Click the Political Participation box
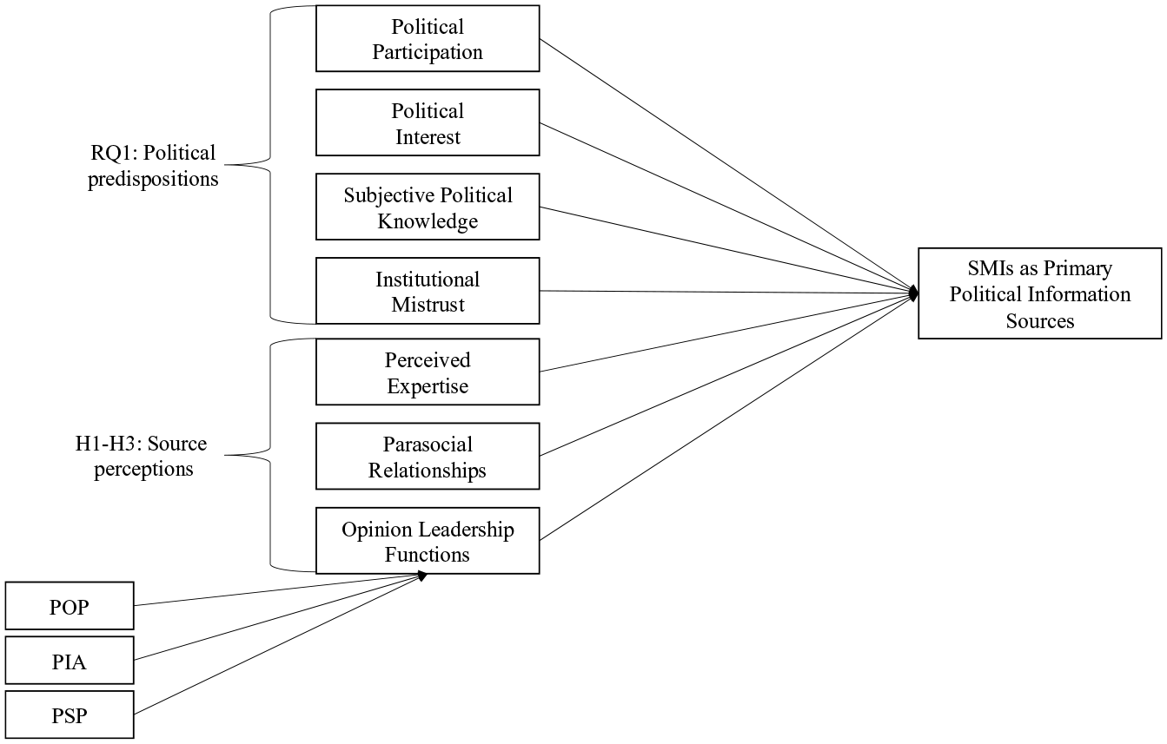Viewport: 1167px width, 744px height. pyautogui.click(x=428, y=38)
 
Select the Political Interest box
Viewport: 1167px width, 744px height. pyautogui.click(x=428, y=123)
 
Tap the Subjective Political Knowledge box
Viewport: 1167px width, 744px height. pyautogui.click(x=428, y=207)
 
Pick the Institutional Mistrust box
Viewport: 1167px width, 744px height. pyautogui.click(x=428, y=291)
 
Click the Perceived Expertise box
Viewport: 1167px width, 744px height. pyautogui.click(x=428, y=372)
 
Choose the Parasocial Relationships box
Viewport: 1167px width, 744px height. pyautogui.click(x=428, y=456)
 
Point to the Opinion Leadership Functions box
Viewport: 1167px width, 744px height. pyautogui.click(x=428, y=541)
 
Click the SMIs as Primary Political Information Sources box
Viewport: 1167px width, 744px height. pyautogui.click(x=1040, y=293)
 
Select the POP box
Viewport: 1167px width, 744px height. pyautogui.click(x=70, y=606)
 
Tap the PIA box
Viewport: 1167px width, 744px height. pyautogui.click(x=70, y=661)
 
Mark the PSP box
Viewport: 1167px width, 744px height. pyautogui.click(x=70, y=714)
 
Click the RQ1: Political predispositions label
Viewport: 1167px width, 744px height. pyautogui.click(x=153, y=166)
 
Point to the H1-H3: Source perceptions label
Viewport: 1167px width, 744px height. pyautogui.click(x=142, y=456)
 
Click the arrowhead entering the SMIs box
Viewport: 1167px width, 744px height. pyautogui.click(x=913, y=293)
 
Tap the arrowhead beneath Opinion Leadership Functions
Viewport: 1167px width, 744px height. pyautogui.click(x=422, y=576)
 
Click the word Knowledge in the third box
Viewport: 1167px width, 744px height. pyautogui.click(x=428, y=221)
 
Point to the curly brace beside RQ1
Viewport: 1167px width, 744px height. pyautogui.click(x=270, y=165)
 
